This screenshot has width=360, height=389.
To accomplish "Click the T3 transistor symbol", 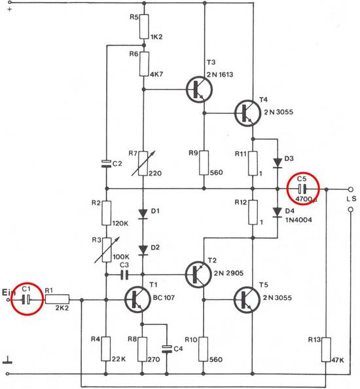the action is tap(199, 90).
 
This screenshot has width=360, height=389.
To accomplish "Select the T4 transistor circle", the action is tap(247, 113).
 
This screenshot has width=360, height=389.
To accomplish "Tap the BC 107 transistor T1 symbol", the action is tap(137, 299).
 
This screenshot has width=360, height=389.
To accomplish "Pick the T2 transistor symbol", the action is tap(198, 274).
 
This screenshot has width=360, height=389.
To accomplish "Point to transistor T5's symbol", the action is tap(247, 300).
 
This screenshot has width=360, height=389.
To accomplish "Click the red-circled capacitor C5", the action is tap(302, 189).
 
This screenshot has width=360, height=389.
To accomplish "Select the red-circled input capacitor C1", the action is tap(27, 300).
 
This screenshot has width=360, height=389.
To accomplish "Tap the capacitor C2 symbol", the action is tap(106, 164).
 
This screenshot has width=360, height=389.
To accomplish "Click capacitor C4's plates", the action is tap(167, 349).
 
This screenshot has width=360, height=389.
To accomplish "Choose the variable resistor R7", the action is tap(143, 163).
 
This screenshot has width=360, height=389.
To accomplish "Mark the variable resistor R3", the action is tap(107, 250).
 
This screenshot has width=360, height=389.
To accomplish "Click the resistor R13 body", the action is tap(326, 349).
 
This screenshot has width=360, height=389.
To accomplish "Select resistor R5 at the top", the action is tap(144, 27).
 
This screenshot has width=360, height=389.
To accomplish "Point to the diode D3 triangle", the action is tap(278, 163).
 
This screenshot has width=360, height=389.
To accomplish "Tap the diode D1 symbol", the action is tap(143, 214).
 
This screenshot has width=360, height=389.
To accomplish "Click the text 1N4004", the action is tap(298, 220).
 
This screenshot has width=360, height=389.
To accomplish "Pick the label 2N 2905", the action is tap(228, 273).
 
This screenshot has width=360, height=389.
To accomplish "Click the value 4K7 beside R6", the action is tap(156, 74).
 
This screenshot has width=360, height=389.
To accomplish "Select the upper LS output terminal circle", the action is tap(351, 189).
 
